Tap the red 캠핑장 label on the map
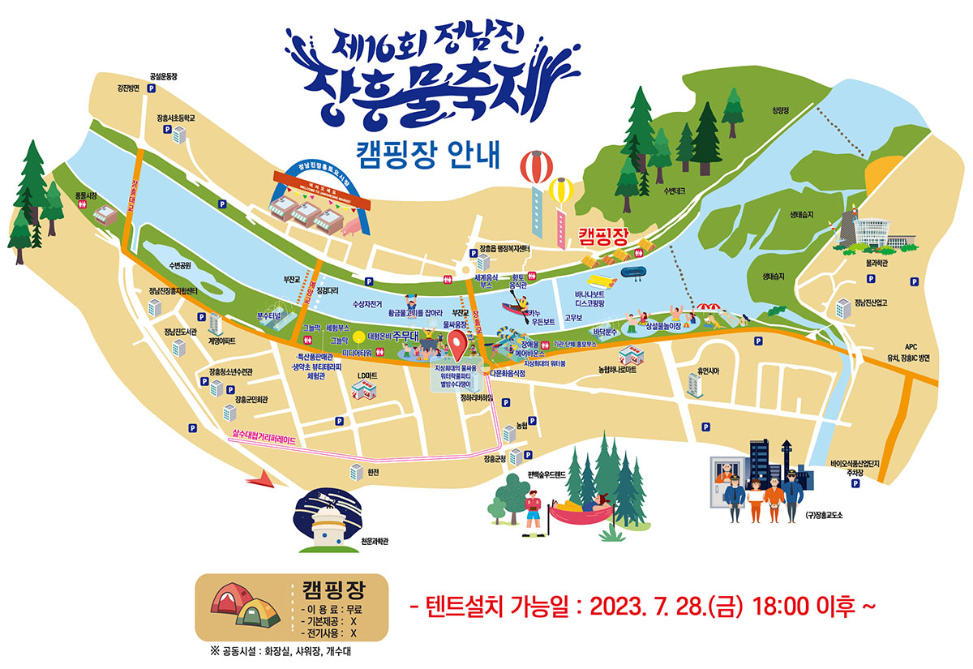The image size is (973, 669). coord(603,236)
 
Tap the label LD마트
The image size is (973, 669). coord(368,375)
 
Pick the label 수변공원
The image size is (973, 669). coord(180,265)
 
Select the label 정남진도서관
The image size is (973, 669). coord(181,332)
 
